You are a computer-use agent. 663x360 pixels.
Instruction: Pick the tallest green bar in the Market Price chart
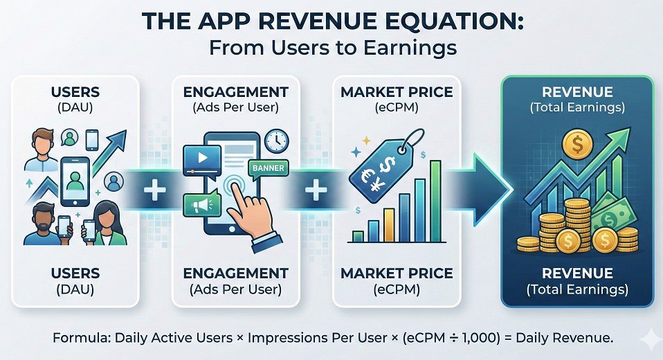pyautogui.click(x=435, y=200)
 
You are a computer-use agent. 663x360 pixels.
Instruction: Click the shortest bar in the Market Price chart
pyautogui.click(x=358, y=235)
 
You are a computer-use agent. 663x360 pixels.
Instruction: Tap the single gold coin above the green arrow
pyautogui.click(x=576, y=145)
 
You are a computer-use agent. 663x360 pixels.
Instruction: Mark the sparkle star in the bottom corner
pyautogui.click(x=649, y=340)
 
